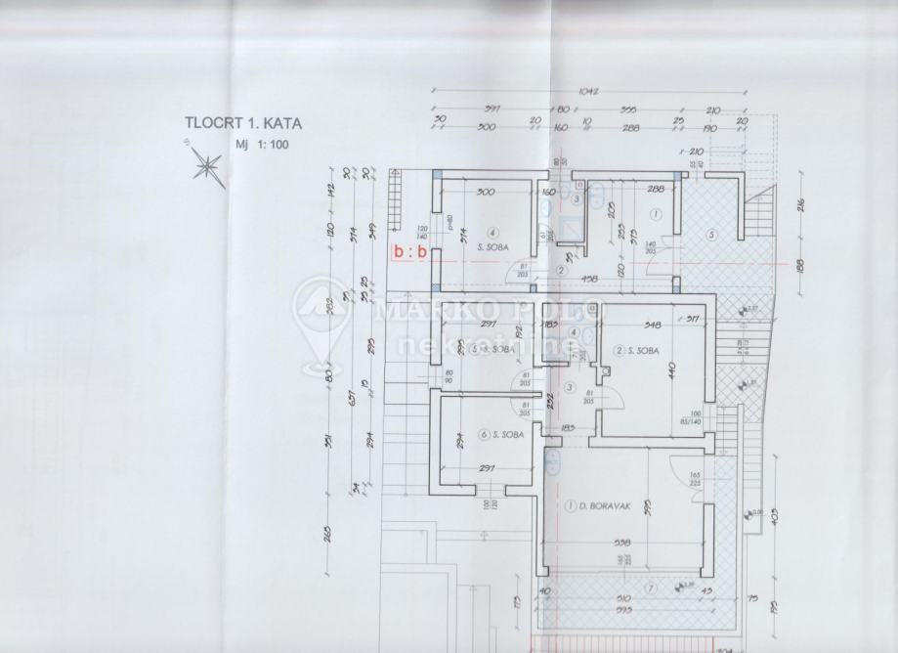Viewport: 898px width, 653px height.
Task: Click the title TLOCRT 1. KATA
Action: [x=243, y=124]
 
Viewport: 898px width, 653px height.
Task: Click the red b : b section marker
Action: [x=408, y=251]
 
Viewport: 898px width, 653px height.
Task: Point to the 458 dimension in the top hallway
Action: [x=616, y=280]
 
